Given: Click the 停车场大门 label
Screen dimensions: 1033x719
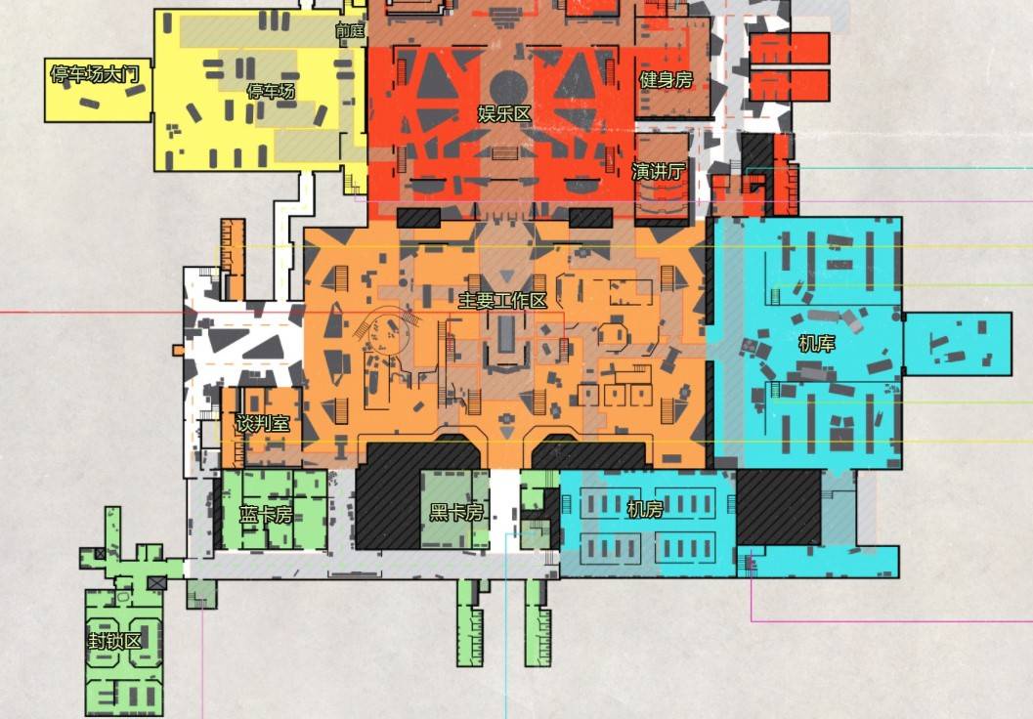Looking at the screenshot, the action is pos(95,74).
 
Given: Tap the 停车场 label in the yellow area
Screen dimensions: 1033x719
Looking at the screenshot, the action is pos(271,91).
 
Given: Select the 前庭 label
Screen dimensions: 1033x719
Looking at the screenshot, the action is pos(350,30).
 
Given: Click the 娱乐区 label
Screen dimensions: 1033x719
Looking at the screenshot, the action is pos(504,114).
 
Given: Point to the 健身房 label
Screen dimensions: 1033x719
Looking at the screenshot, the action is pos(667,80).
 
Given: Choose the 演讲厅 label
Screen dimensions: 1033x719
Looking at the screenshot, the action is pos(658,171).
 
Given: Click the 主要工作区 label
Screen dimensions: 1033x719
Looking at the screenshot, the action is pos(502,301).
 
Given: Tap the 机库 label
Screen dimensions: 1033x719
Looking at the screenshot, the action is pos(817,343).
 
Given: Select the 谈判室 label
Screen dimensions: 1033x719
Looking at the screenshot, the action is pos(263,423).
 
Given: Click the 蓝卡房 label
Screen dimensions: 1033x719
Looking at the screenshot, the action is pos(266,514).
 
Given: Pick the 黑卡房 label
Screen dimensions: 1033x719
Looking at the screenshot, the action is pos(456,512).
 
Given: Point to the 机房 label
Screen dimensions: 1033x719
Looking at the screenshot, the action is pos(645,509).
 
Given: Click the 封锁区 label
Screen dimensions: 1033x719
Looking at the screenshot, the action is pos(115,641).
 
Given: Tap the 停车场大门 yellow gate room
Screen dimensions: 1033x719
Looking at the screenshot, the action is pos(98,90).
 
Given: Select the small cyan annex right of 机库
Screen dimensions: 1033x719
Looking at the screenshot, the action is pos(957,344).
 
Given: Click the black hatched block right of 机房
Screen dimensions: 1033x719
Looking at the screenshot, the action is pos(778,507).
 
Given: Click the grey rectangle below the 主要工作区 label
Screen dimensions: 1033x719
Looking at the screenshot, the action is pos(506,334).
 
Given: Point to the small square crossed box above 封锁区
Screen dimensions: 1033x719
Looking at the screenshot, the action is pos(156,582).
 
